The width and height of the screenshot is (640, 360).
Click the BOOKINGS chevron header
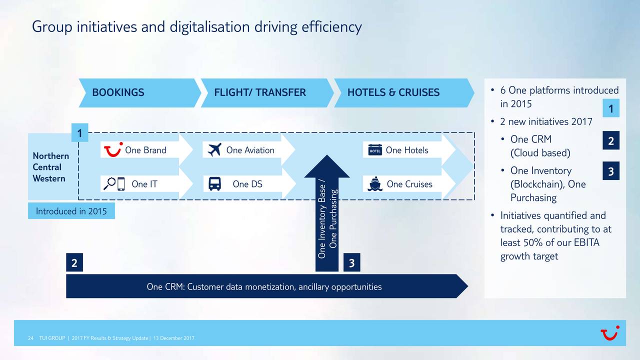[139, 93]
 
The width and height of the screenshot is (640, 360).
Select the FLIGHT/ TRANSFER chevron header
[267, 93]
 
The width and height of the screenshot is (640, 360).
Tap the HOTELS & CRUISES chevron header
[404, 93]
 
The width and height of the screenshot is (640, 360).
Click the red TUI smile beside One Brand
[113, 149]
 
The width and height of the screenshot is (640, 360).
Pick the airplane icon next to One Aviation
[214, 149]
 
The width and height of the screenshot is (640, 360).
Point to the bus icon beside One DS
[214, 183]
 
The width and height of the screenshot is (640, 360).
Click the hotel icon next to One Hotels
[375, 150]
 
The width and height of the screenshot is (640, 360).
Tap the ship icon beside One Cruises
[375, 184]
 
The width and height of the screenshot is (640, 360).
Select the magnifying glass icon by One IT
[109, 183]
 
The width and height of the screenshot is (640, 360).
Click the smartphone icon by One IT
[121, 184]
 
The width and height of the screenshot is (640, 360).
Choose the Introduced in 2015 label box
[71, 211]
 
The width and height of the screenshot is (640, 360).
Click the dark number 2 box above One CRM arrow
[74, 262]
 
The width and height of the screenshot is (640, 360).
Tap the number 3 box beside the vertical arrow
[351, 262]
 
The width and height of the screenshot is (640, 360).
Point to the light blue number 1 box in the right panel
[611, 108]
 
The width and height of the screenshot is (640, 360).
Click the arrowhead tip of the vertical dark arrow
[327, 155]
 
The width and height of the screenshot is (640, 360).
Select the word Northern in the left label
[51, 156]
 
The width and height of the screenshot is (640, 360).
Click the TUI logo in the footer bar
[610, 333]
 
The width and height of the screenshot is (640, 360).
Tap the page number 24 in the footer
[30, 338]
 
